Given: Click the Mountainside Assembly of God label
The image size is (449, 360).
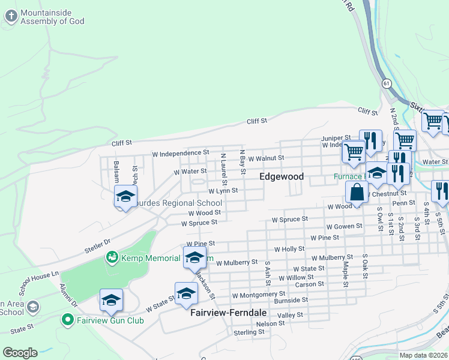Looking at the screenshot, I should pyautogui.click(x=52, y=17).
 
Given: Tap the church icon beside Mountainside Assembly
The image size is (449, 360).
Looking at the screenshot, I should pyautogui.click(x=11, y=17).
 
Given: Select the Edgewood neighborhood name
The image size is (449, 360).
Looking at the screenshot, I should pyautogui.click(x=282, y=177).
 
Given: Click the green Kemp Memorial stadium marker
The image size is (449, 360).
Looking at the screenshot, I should pyautogui.click(x=111, y=258).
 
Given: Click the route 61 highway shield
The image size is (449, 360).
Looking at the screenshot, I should pyautogui.click(x=385, y=84).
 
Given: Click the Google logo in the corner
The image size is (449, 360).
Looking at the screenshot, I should pyautogui.click(x=20, y=353).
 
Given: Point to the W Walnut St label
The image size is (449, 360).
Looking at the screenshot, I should pyautogui.click(x=264, y=158).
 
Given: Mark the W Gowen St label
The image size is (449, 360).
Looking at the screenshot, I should pyautogui.click(x=344, y=226).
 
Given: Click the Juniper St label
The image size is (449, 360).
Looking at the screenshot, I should pyautogui.click(x=336, y=137).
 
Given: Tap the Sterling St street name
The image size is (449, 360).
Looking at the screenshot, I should pyautogui.click(x=245, y=332).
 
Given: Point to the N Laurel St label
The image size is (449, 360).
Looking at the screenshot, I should pyautogui.click(x=223, y=169).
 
